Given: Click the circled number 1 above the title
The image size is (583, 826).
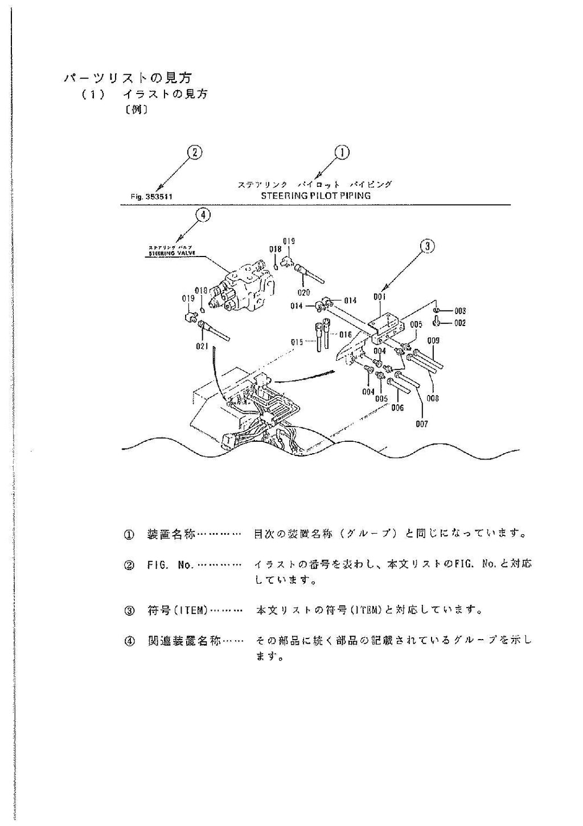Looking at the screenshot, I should [342, 152].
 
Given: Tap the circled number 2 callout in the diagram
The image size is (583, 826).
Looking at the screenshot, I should [195, 152].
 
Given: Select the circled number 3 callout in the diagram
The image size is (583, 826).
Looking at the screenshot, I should [427, 246].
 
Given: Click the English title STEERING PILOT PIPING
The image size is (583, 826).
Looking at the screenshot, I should [315, 196].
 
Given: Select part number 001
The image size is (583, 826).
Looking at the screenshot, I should [380, 297].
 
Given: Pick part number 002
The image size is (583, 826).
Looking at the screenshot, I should [460, 323].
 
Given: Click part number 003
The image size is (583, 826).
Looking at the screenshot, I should [460, 311].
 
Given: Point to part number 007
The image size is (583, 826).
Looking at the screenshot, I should [422, 424].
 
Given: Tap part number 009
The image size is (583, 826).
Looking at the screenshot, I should [433, 341].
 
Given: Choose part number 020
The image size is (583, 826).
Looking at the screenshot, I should [303, 292].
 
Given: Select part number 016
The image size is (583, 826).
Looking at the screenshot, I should [346, 335].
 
